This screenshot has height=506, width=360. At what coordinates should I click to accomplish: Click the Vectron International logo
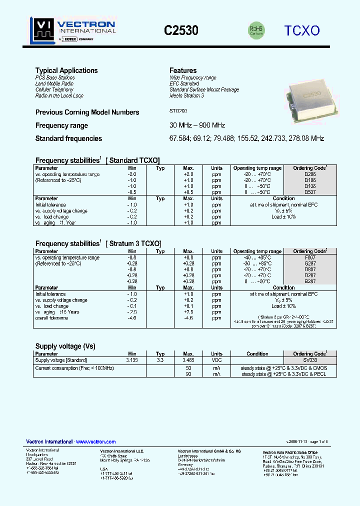pos(72,29)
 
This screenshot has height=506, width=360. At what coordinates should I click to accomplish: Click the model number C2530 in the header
pos(181,30)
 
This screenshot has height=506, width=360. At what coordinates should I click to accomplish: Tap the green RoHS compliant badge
pos(256,30)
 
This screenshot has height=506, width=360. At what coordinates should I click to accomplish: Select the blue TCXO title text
pos(302,30)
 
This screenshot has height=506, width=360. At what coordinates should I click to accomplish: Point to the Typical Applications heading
pos(66,70)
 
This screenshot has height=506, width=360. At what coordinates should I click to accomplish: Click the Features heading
pos(183,70)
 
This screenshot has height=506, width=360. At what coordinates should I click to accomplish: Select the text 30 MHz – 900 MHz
pos(197,125)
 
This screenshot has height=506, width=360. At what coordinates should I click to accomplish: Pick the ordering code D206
pos(310,174)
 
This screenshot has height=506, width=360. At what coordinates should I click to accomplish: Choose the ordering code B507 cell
pos(310,192)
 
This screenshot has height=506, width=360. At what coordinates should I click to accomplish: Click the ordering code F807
pos(310,257)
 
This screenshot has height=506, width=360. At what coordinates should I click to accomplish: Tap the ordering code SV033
pos(310,360)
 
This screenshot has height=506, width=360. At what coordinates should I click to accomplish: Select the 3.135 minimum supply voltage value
pos(132,360)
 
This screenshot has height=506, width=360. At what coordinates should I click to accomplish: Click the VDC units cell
pos(216,360)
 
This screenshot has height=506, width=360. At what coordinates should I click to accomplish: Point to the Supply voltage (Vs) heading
pos(65,346)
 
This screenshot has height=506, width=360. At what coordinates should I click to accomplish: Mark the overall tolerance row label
pos(53,318)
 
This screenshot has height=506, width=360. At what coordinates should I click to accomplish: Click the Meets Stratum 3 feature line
pos(186,95)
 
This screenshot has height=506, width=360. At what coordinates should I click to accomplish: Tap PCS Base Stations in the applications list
pos(55,78)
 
